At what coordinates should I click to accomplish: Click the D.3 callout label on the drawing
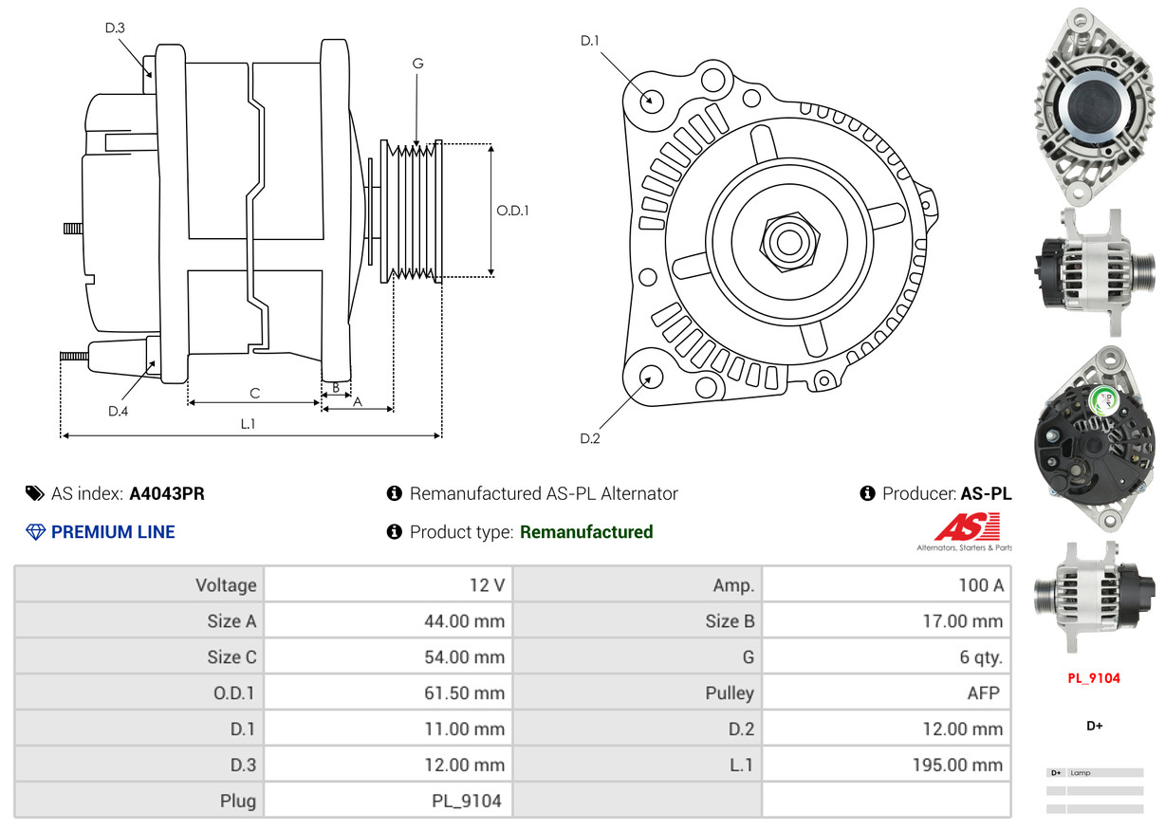115,28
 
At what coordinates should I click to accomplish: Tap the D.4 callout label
118,411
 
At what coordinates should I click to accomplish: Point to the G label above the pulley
417,64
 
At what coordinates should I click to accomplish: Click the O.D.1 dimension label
512,211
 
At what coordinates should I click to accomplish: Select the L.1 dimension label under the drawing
248,424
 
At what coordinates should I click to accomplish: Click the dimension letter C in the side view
254,393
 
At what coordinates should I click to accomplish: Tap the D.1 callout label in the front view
590,41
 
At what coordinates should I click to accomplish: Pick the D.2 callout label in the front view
590,438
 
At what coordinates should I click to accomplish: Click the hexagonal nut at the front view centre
786,240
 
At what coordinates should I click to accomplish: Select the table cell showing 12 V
487,585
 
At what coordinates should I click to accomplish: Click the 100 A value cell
980,585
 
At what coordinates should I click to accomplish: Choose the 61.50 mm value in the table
464,693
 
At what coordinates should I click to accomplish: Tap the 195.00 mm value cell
959,766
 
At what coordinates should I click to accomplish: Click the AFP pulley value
983,693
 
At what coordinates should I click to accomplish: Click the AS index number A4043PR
167,493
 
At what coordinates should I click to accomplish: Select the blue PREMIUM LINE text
113,532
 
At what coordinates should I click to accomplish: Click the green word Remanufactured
586,532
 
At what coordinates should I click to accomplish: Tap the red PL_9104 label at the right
1094,678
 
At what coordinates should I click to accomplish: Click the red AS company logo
967,527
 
